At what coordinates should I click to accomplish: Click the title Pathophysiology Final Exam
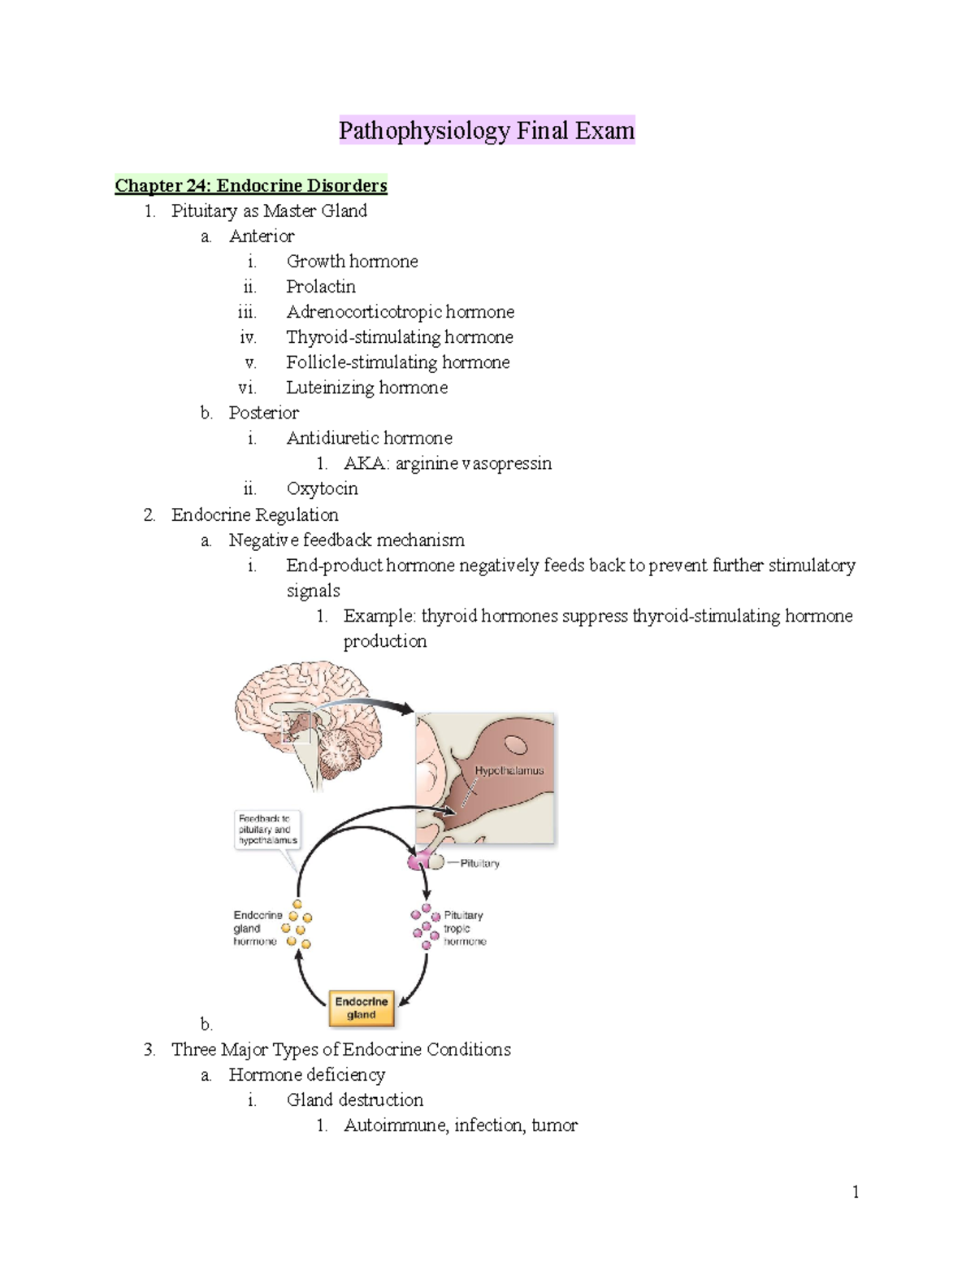click(486, 131)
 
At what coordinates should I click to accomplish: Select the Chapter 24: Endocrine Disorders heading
click(250, 185)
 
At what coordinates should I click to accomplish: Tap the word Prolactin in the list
click(321, 287)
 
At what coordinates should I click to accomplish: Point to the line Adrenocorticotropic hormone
click(400, 312)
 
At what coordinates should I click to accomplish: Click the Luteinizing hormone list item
click(366, 388)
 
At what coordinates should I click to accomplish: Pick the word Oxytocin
click(322, 488)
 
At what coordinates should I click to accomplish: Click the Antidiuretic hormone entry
click(369, 438)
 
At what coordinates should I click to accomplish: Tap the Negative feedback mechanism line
click(346, 540)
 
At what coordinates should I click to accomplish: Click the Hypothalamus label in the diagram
click(509, 770)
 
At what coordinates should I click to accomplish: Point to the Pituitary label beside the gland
click(479, 863)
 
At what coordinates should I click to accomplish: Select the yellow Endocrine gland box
click(362, 1008)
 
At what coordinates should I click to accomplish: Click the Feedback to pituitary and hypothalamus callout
click(267, 830)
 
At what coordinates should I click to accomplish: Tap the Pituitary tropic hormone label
click(464, 928)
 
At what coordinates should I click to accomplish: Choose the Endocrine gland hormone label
click(257, 928)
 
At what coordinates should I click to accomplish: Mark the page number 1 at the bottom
click(856, 1192)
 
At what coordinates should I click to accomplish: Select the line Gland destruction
click(354, 1099)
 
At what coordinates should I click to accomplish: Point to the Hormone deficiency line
click(306, 1074)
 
